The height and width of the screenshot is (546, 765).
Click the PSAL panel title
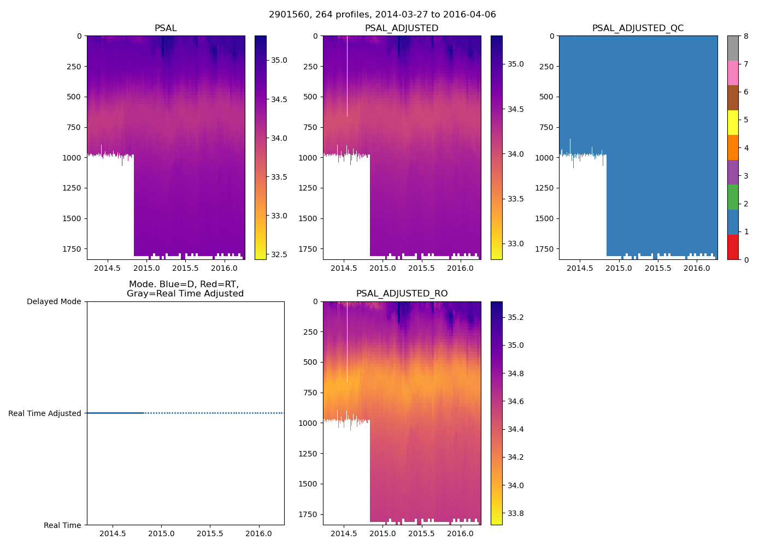(x=166, y=28)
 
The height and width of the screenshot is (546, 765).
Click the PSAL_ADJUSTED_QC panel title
(x=638, y=28)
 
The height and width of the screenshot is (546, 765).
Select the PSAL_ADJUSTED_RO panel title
(x=402, y=294)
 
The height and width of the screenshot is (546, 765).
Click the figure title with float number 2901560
(x=382, y=15)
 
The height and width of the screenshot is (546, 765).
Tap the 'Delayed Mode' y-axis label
(x=54, y=301)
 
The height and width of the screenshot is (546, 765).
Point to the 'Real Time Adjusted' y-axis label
(x=45, y=413)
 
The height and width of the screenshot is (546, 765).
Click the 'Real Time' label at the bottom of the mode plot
(x=62, y=525)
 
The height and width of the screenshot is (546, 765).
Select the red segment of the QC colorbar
(x=733, y=247)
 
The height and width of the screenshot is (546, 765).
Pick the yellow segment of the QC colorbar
(x=733, y=123)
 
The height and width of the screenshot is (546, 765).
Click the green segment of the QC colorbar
(x=733, y=197)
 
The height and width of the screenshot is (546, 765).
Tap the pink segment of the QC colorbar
(x=733, y=73)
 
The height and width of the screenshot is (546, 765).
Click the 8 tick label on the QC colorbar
(x=746, y=36)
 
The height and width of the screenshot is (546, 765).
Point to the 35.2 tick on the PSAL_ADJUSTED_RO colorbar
(x=516, y=317)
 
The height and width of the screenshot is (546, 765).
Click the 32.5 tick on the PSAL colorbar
(x=279, y=254)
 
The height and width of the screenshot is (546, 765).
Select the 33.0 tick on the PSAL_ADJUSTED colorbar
(x=515, y=244)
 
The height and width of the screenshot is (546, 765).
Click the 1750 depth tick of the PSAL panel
(x=72, y=249)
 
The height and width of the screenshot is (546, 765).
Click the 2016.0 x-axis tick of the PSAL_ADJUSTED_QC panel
(x=697, y=268)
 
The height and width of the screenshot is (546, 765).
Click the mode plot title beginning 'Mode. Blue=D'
(x=185, y=289)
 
